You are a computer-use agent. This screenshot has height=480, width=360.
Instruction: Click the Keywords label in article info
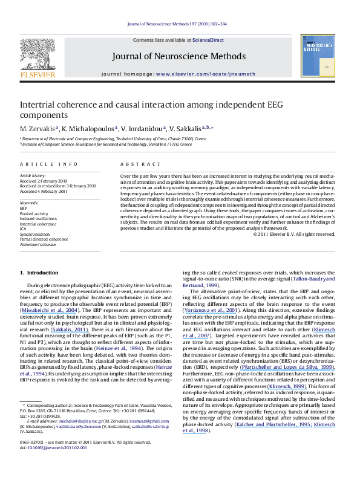coord(30,201)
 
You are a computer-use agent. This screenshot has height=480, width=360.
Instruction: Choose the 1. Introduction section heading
coord(41,273)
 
